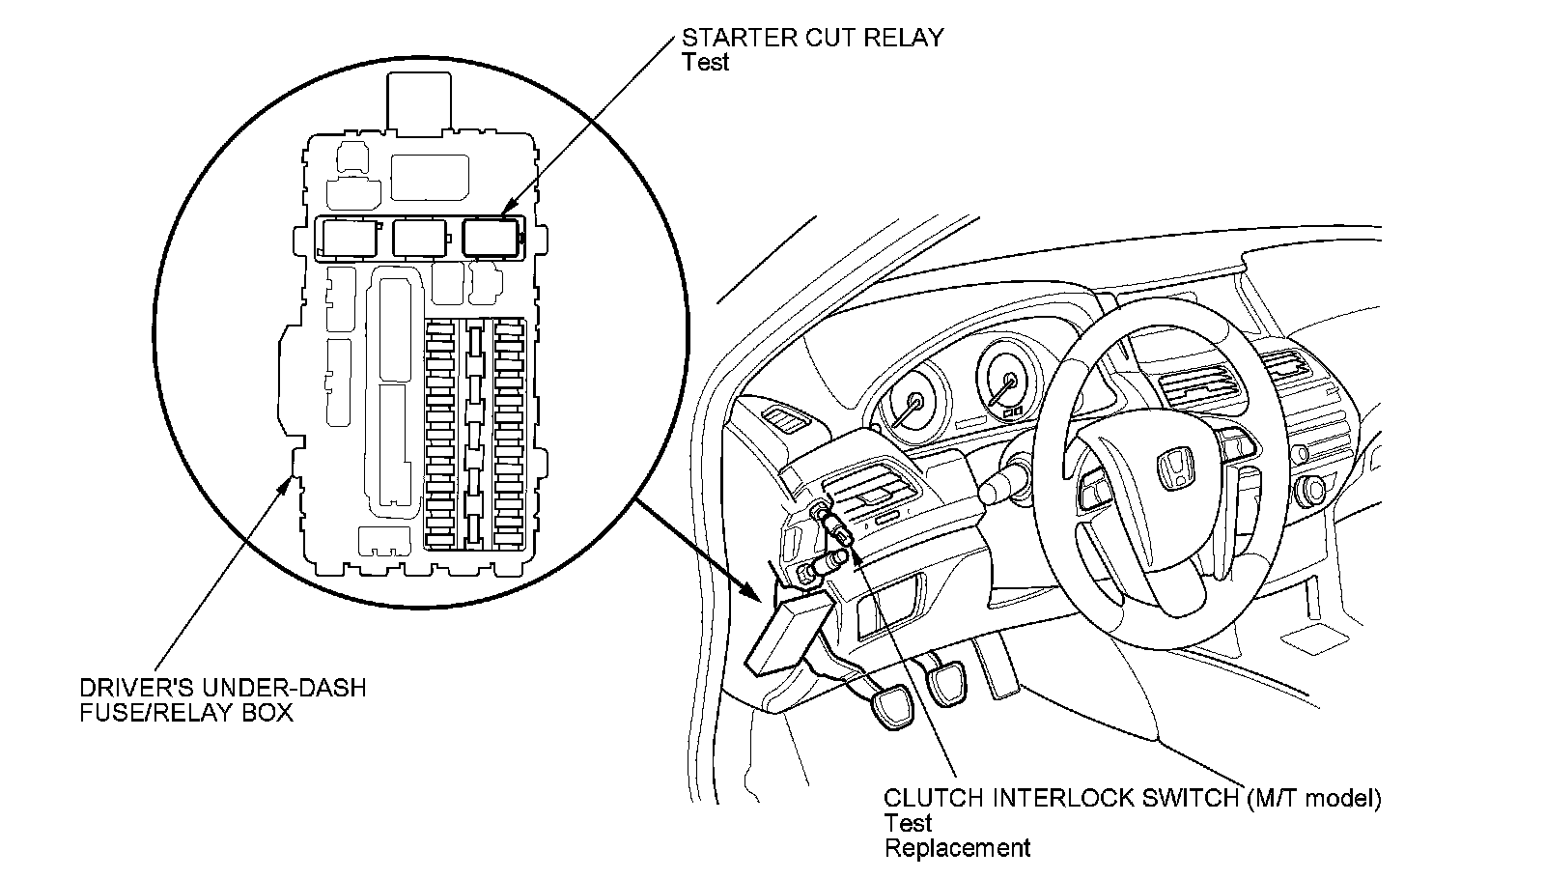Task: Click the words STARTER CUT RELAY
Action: (x=812, y=38)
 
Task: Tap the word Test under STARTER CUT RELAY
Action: (x=705, y=62)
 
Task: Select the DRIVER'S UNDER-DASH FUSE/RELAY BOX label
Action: (x=223, y=699)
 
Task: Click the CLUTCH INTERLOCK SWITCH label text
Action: (x=1061, y=798)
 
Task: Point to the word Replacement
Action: (x=957, y=847)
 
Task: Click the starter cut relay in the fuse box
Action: (x=492, y=238)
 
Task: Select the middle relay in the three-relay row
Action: (x=420, y=239)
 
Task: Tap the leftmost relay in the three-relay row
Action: (x=351, y=239)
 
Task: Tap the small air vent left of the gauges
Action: (x=781, y=418)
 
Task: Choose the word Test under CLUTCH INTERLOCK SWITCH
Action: (x=908, y=823)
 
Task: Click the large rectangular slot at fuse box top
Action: (x=431, y=178)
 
